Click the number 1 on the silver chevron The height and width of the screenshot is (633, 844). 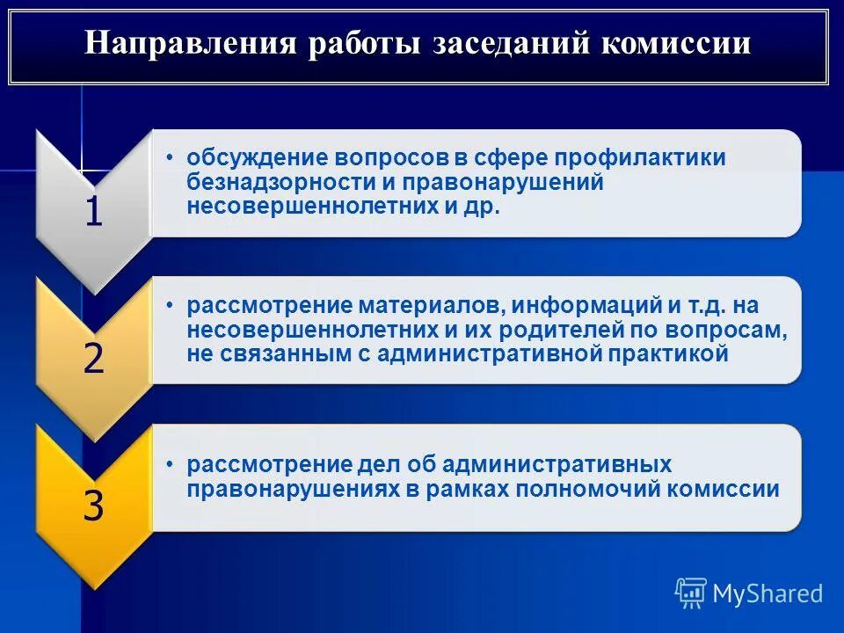[x=93, y=214]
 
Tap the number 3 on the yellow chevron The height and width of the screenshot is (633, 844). [x=93, y=506]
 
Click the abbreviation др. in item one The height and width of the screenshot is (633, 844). [x=482, y=207]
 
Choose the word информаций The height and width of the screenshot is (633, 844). [x=586, y=306]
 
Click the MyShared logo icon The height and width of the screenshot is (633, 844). [x=690, y=593]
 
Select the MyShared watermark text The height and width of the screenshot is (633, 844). [x=768, y=593]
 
